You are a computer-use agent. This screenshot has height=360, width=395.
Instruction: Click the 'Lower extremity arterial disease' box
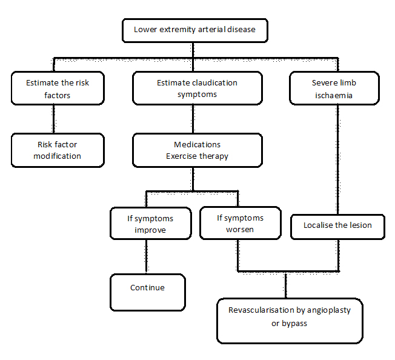tap(194, 30)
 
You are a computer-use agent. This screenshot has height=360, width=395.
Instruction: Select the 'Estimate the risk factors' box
tap(57, 88)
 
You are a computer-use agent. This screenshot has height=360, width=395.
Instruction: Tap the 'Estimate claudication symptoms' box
tap(197, 88)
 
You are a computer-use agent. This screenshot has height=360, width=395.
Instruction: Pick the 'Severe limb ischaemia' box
tap(334, 88)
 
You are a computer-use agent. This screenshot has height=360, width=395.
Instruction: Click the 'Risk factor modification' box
tap(57, 150)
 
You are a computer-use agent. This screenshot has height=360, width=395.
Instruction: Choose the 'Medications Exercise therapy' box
tap(197, 150)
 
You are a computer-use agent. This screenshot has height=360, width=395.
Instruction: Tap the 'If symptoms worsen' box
tap(240, 224)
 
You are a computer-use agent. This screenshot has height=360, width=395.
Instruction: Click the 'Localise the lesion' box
tap(337, 225)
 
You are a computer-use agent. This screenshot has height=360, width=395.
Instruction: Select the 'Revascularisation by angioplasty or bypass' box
tap(290, 320)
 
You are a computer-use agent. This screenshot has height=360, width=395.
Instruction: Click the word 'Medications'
tap(197, 145)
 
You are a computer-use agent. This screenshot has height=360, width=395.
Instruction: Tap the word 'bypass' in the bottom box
tap(294, 324)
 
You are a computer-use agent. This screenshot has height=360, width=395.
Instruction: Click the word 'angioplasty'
tap(328, 310)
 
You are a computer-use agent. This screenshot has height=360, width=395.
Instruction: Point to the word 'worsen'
tap(240, 230)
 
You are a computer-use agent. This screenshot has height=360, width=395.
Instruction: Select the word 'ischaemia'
tap(334, 95)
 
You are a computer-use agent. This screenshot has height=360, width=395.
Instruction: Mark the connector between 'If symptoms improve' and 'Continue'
tap(145, 257)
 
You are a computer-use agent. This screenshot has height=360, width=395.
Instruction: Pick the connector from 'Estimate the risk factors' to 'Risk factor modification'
tap(53, 119)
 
